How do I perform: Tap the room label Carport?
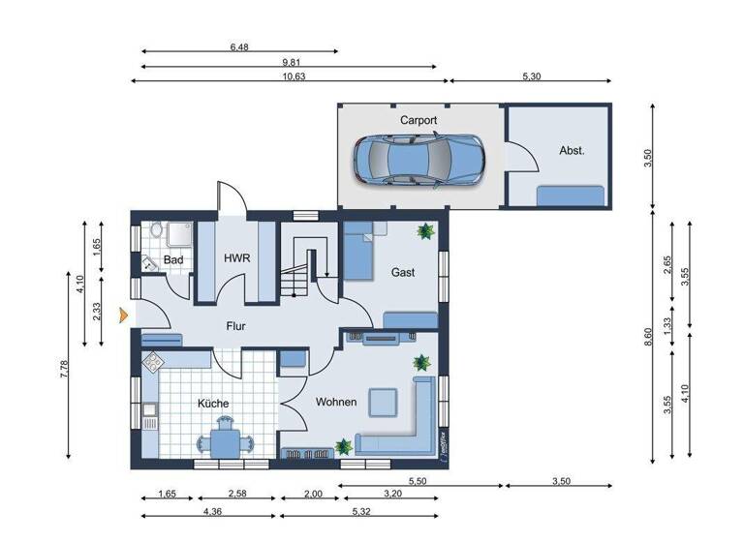pyautogui.click(x=418, y=121)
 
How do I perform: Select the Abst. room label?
pyautogui.click(x=572, y=151)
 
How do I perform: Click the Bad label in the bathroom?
pyautogui.click(x=173, y=260)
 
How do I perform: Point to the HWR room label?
pyautogui.click(x=237, y=259)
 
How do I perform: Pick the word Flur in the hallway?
pyautogui.click(x=237, y=327)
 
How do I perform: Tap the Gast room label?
pyautogui.click(x=403, y=273)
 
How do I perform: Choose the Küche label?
pyautogui.click(x=214, y=403)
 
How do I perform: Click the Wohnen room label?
pyautogui.click(x=336, y=403)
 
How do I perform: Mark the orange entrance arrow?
pyautogui.click(x=122, y=314)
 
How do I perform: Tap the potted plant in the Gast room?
pyautogui.click(x=424, y=231)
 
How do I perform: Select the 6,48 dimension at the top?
pyautogui.click(x=240, y=45)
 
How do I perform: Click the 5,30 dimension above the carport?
pyautogui.click(x=531, y=76)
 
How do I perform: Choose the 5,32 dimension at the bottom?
pyautogui.click(x=360, y=511)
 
